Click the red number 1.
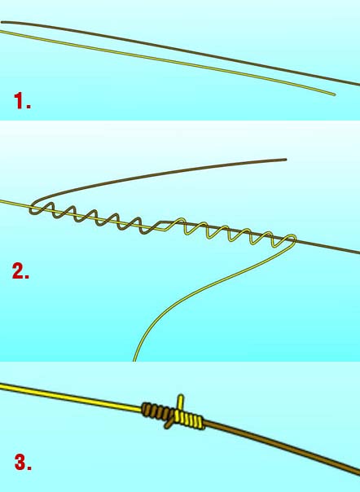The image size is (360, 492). pos(20,103)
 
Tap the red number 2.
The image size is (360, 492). pos(20,271)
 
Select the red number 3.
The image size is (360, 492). pos(22,464)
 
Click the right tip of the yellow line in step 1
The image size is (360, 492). pos(334,94)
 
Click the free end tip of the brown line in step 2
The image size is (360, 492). pos(286,160)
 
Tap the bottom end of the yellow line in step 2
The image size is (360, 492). pos(135,358)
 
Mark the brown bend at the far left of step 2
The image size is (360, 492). pos(32,208)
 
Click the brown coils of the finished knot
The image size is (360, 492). pos(152,410)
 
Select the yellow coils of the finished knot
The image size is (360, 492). pos(191,420)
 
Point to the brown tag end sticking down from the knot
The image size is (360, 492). pos(167,424)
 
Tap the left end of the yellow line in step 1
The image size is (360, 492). pos(2,33)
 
